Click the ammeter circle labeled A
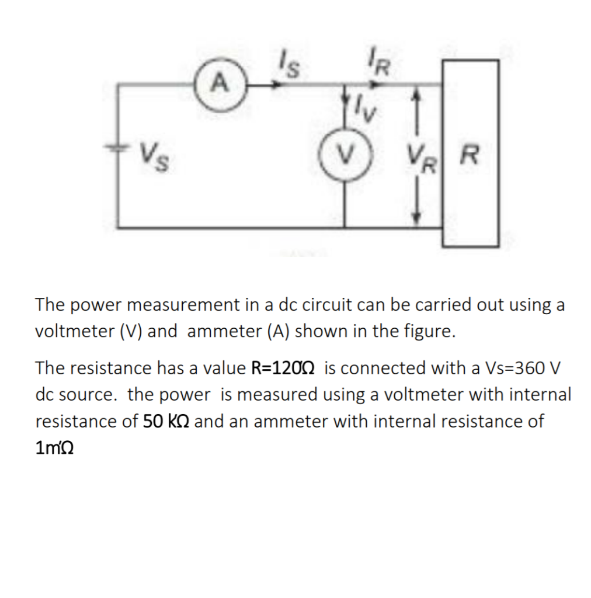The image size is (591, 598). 219,85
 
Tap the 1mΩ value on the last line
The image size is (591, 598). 57,448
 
